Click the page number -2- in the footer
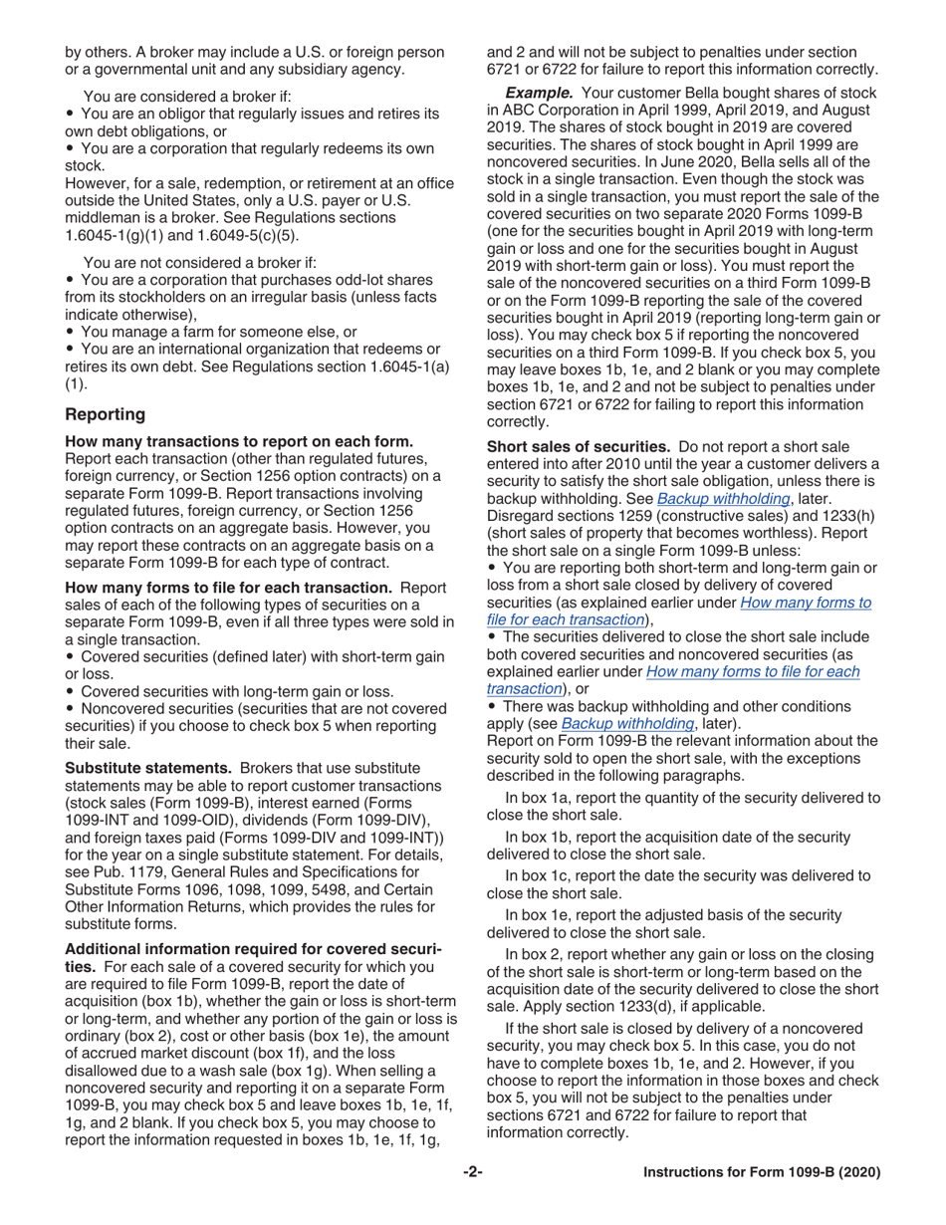472,1172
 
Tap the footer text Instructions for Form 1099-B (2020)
762,1172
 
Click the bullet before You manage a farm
70,332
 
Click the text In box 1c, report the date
597,875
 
